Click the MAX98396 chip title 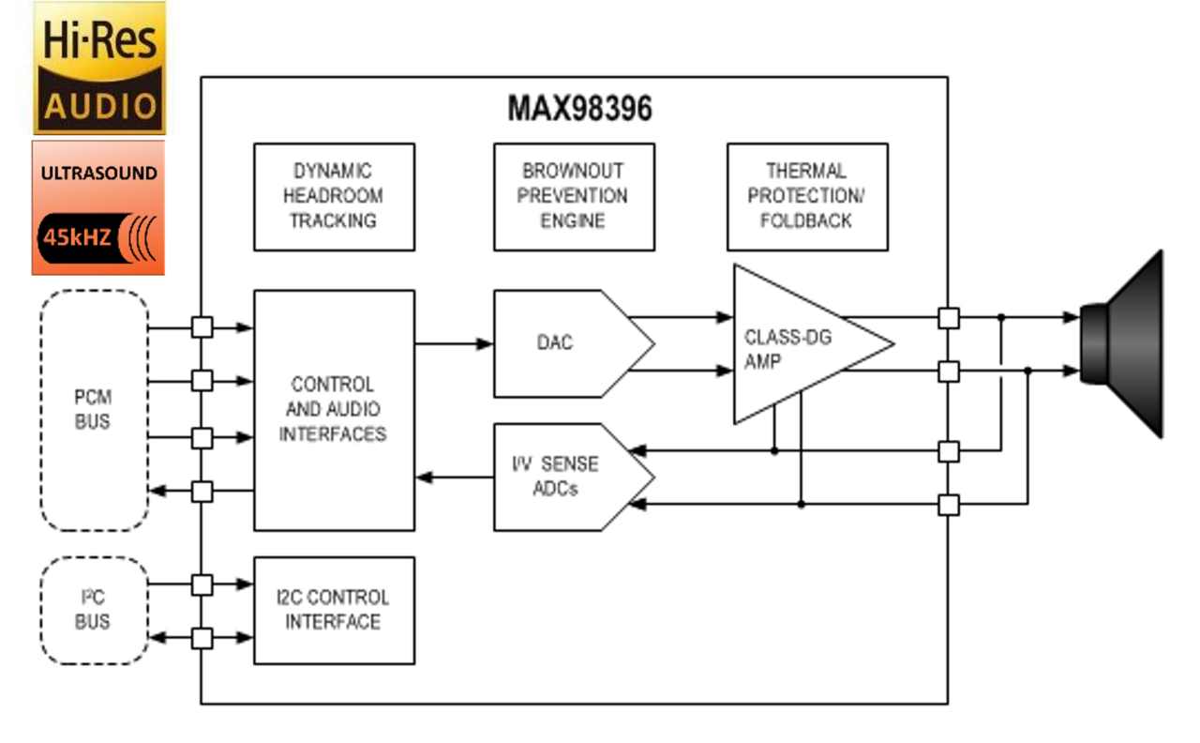pos(579,109)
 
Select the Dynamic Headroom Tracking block pos(334,196)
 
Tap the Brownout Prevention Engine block pos(574,196)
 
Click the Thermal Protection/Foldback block pos(806,196)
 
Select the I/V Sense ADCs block pos(562,477)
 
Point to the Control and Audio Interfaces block pos(334,410)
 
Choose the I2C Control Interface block pos(334,610)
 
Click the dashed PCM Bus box pos(94,410)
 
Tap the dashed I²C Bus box pos(94,610)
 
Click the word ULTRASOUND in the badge pos(98,174)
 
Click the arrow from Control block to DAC pos(454,344)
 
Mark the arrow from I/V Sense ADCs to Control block pos(454,478)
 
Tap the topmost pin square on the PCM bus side pos(202,327)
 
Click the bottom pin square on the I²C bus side pos(202,638)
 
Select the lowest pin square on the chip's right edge pos(949,505)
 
